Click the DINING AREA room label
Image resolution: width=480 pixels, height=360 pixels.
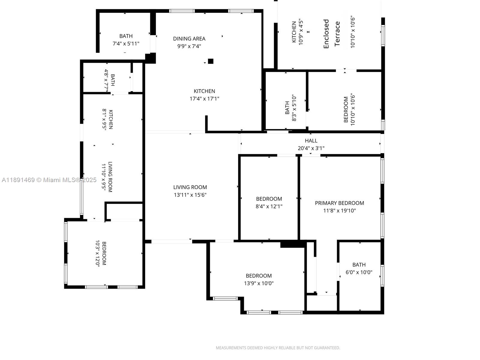point(189,39)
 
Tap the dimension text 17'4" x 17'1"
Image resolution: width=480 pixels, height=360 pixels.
point(204,99)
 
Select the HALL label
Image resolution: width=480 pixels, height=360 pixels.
point(311,141)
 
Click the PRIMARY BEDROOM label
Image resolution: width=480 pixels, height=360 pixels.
point(339,203)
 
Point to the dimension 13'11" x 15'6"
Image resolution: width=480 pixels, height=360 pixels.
point(190,195)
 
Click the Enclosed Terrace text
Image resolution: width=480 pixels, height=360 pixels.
point(331,34)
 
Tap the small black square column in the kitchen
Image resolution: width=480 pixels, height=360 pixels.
point(211,61)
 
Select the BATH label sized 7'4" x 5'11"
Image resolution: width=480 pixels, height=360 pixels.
point(126,36)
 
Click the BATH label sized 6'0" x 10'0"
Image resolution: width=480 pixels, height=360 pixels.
point(359,265)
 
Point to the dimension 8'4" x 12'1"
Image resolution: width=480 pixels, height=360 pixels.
point(269,206)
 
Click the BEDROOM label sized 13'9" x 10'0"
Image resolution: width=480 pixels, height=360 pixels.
point(259,276)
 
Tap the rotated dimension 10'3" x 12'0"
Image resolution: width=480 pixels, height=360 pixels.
point(97,253)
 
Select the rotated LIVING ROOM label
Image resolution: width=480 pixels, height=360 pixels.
point(110,177)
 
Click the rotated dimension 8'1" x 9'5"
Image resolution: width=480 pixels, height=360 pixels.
point(104,120)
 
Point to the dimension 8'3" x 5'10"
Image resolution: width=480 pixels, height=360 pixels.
point(294,108)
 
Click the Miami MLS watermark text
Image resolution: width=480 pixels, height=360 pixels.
point(49,180)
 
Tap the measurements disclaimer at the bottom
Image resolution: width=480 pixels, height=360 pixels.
point(278,348)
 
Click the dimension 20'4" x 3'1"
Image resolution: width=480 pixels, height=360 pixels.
point(311,148)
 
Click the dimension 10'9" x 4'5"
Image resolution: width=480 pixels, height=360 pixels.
point(301,32)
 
